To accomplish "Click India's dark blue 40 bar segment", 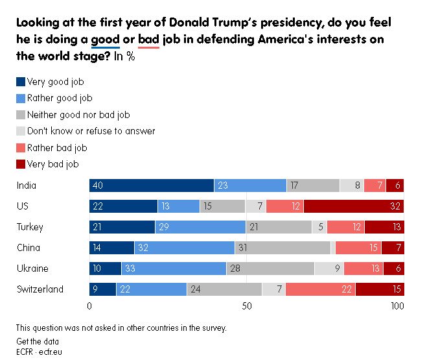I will click(x=152, y=186).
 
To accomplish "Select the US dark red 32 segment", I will click(x=354, y=206).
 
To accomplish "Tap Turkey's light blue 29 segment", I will click(x=200, y=227).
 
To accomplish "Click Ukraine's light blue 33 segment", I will click(x=173, y=269).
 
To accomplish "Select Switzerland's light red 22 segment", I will click(x=321, y=289).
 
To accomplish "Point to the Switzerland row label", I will click(x=40, y=289).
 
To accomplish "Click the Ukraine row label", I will click(x=32, y=269).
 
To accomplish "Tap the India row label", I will click(x=27, y=186).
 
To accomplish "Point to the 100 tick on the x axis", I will click(x=397, y=306).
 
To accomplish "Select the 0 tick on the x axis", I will click(x=89, y=306).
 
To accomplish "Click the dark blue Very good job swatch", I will click(x=21, y=82).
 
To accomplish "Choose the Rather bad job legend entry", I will click(x=57, y=148).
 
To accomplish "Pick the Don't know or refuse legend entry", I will click(x=91, y=131).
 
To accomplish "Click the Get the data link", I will click(x=38, y=341).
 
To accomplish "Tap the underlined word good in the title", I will click(x=105, y=40).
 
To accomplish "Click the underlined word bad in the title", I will click(x=148, y=40).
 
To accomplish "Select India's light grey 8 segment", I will click(x=352, y=186).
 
